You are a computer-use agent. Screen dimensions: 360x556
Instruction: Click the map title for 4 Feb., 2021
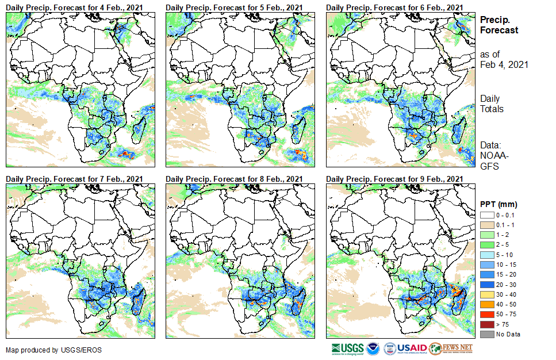75,7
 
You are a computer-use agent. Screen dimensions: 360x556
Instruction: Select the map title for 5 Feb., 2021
235,7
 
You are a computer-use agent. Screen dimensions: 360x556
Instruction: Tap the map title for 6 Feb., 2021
394,7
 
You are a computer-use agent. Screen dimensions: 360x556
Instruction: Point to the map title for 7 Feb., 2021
75,179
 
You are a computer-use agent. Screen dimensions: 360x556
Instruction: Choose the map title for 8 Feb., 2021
235,179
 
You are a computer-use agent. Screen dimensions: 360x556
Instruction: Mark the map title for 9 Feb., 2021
394,179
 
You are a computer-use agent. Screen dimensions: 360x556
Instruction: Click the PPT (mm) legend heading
499,204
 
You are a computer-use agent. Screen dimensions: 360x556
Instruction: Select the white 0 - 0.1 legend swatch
486,215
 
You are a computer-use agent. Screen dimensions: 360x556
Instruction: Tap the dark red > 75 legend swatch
486,325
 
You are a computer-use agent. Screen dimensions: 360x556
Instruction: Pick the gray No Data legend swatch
486,334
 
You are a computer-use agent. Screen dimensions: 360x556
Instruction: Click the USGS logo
347,348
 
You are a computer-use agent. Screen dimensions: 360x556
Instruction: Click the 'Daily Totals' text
492,104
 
